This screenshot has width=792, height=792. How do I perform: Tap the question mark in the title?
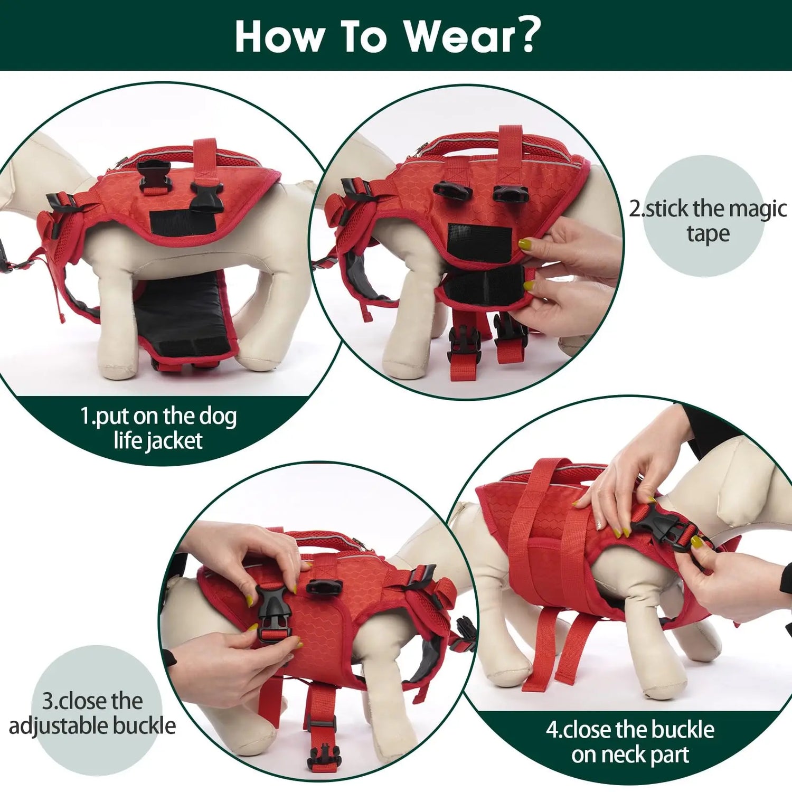pos(529,34)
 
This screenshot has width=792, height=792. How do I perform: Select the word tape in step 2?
pos(708,233)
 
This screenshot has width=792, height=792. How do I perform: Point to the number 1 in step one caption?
pos(86,416)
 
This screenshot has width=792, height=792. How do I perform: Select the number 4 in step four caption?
pos(552,730)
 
